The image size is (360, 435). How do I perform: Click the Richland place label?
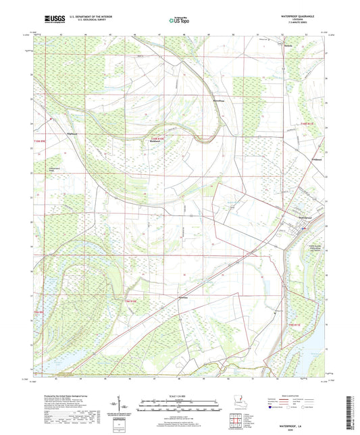pos(155,141)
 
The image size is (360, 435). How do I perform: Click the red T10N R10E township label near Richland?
pos(157,138)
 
